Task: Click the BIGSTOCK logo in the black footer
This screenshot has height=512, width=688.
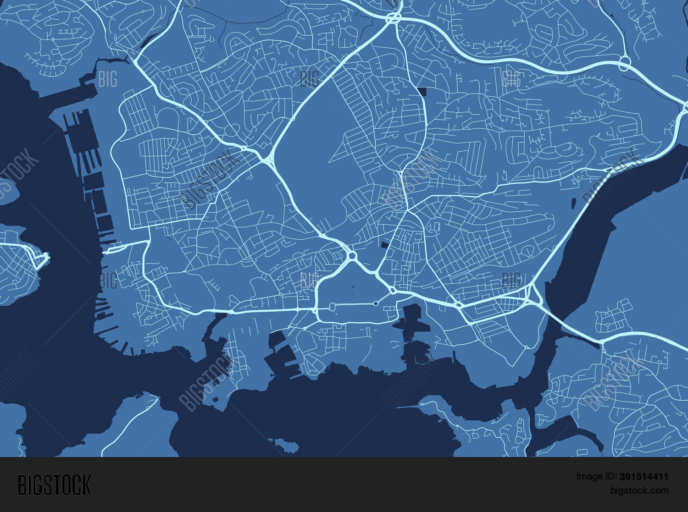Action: pos(55,484)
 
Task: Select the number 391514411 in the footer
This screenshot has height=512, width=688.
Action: pos(644,477)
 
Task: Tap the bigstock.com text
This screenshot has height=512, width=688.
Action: pos(639,490)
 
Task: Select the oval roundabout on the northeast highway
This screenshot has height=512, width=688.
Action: pos(624,64)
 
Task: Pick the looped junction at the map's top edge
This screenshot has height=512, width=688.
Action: pos(393,18)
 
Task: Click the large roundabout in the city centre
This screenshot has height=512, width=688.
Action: pos(352,255)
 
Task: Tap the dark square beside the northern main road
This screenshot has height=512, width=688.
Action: pos(422,91)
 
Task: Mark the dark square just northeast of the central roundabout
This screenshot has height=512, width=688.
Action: pos(384,245)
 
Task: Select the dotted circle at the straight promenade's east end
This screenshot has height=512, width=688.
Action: pos(376,303)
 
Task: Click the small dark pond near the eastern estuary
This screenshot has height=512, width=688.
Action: pos(573,202)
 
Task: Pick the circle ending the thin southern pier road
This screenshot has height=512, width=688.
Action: pos(422,404)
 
